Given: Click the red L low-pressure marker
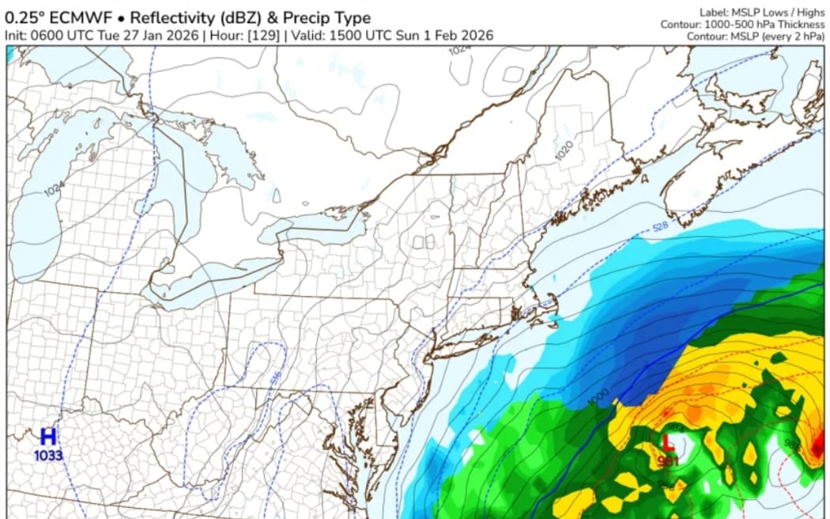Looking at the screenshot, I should (668, 441).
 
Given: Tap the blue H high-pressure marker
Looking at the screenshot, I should (48, 436).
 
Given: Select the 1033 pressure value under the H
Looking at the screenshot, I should (48, 455).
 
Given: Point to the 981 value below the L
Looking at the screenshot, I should (668, 460).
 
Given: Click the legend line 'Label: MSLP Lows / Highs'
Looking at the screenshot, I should (762, 13).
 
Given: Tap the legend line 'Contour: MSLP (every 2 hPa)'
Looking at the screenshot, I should (755, 36).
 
